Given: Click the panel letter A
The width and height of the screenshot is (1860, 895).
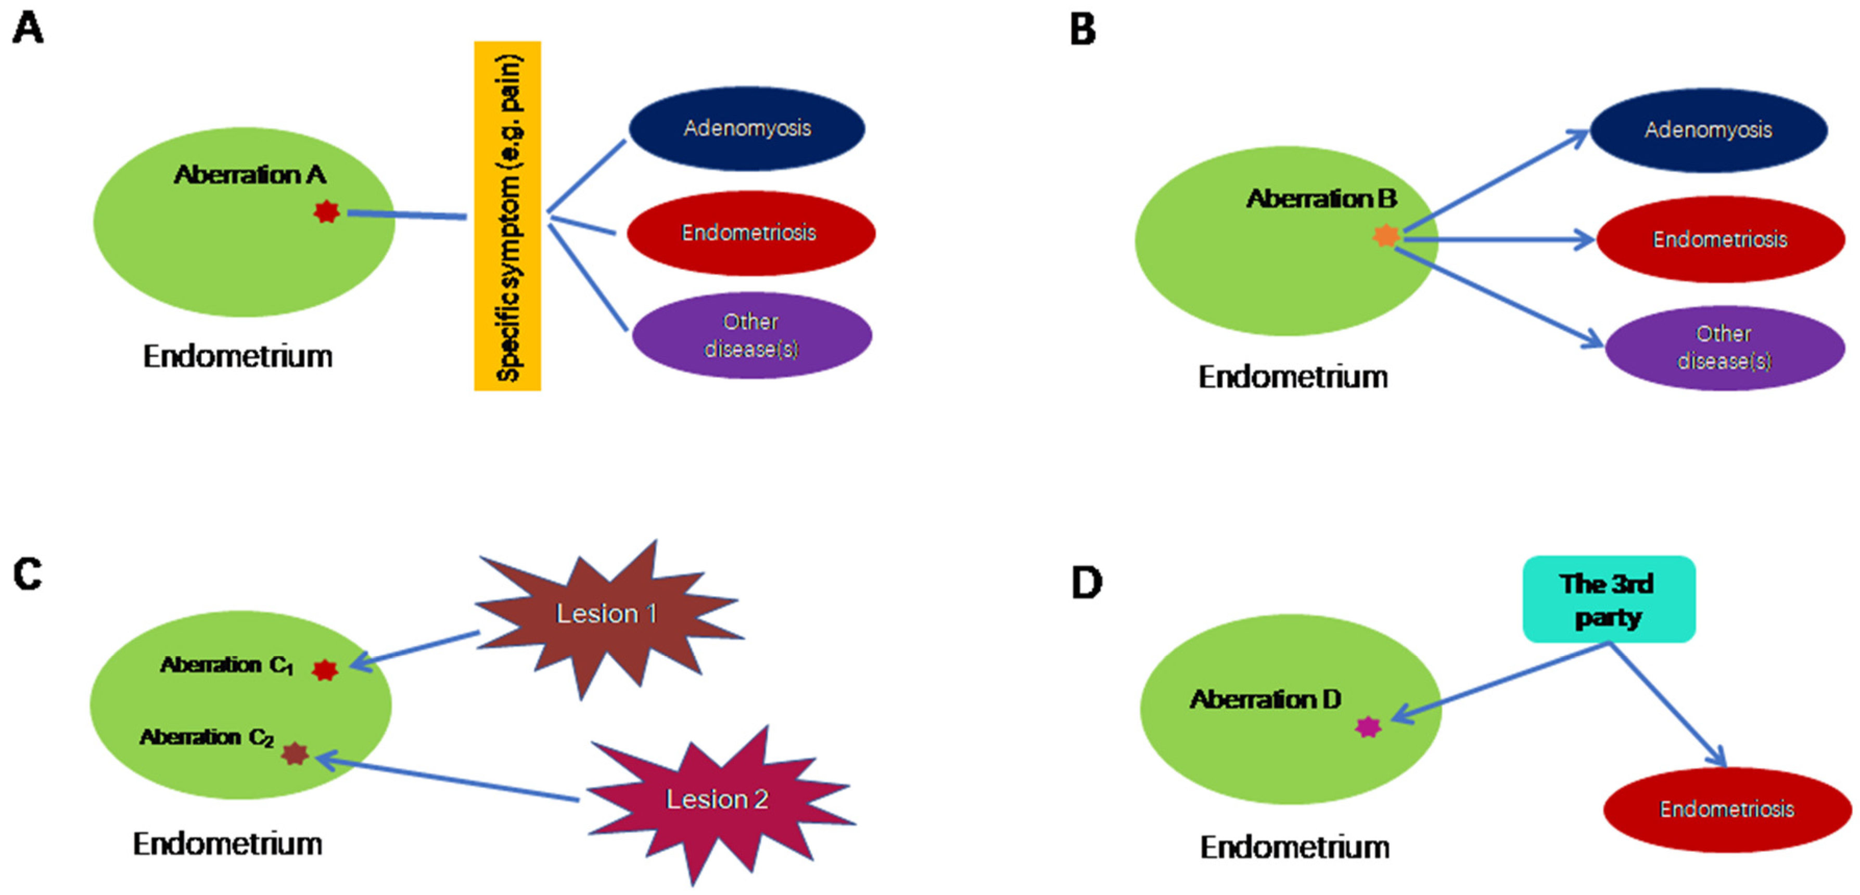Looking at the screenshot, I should click(28, 29).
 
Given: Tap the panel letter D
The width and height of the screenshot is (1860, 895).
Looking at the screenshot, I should click(1086, 583).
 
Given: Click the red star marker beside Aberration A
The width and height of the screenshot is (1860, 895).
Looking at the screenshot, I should click(326, 212).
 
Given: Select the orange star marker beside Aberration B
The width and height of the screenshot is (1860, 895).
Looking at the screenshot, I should click(1385, 235).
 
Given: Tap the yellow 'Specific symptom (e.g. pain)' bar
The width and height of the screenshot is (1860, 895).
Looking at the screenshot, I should click(507, 216).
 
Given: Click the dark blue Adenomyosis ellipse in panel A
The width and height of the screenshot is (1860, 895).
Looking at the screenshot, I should click(747, 129).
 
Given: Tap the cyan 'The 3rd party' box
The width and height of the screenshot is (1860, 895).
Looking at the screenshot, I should click(1608, 599).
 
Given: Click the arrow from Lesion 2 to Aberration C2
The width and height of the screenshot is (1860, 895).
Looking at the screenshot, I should click(448, 777).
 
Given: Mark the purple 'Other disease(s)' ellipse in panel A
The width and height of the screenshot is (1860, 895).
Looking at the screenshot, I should click(751, 336).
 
